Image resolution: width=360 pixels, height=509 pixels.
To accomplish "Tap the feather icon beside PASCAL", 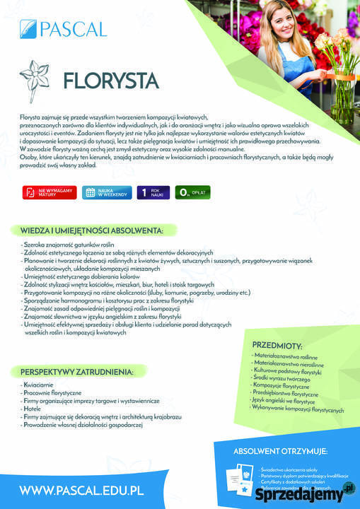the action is click(28, 28).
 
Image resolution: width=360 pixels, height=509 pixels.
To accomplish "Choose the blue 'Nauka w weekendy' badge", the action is click(104, 192).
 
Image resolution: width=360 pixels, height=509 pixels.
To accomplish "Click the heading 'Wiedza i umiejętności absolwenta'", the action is click(91, 230).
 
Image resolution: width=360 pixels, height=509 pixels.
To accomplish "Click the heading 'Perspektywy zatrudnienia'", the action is click(76, 372).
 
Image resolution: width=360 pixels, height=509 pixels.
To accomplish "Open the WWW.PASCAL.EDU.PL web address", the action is click(82, 489).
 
